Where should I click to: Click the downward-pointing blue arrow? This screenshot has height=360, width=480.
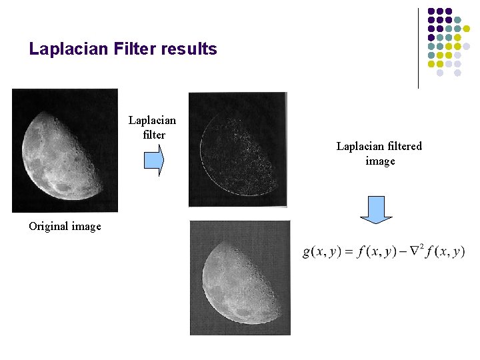point(376,209)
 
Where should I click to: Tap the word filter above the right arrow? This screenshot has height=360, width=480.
point(153,135)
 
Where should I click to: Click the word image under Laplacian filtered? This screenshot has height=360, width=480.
point(380,161)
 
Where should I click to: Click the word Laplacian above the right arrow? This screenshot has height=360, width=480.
point(152,121)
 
